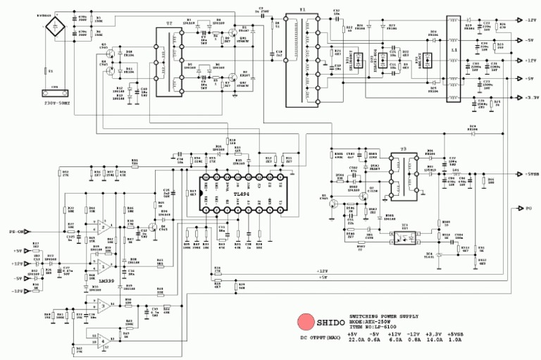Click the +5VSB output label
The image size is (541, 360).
(530, 174)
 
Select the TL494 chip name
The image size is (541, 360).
(242, 194)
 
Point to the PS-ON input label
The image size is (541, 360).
(15, 230)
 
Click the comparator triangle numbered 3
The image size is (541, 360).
(103, 305)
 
